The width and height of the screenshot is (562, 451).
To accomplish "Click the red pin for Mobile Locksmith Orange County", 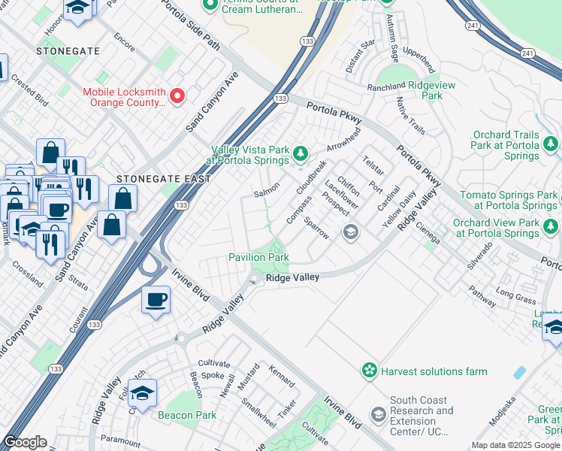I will [177, 95].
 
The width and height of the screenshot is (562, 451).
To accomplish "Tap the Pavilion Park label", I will [258, 258].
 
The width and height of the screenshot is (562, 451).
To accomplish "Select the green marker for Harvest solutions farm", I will [369, 371].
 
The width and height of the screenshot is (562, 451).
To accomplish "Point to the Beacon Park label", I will [186, 415].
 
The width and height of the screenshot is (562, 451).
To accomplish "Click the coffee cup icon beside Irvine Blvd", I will [156, 300].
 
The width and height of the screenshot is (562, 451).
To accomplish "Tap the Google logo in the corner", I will [24, 442].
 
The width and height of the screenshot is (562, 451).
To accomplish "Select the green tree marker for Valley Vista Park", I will [301, 154].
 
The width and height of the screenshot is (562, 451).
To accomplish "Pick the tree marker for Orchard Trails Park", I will [551, 143].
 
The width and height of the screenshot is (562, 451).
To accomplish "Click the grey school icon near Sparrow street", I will [349, 232].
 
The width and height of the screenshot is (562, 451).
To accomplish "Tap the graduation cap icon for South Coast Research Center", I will [378, 414].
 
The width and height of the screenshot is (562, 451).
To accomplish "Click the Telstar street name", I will [373, 165].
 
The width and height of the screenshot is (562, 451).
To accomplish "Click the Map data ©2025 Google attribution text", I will [515, 445].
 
